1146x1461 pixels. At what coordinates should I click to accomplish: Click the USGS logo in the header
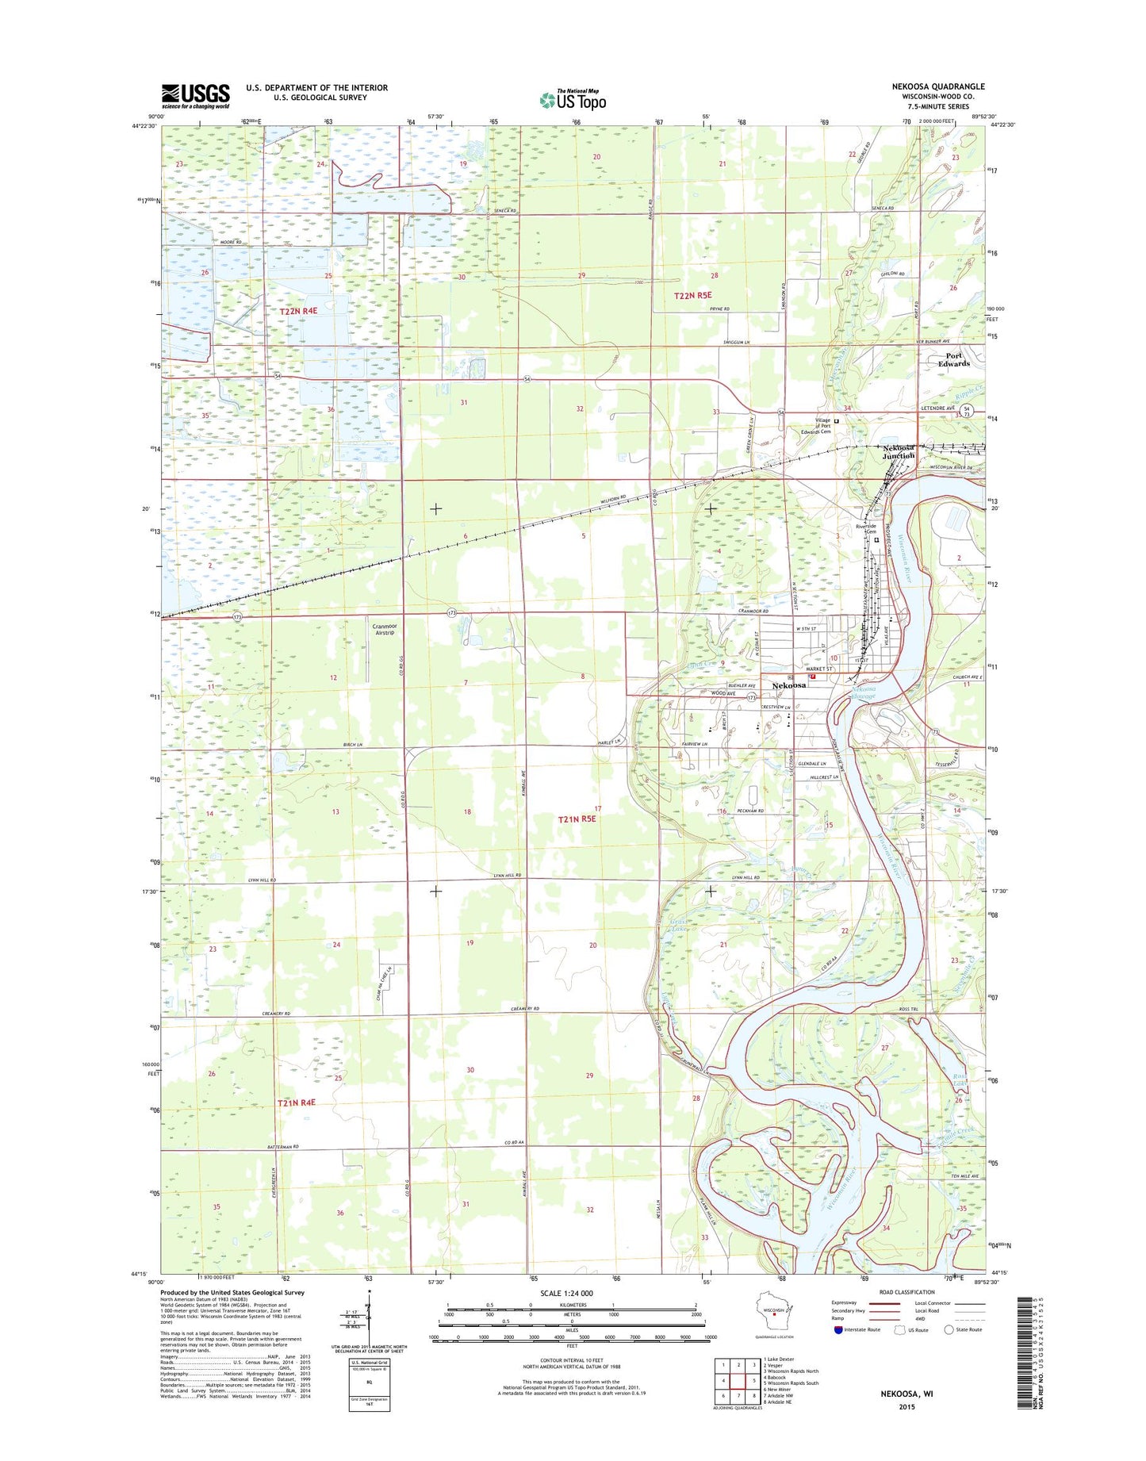click(x=195, y=96)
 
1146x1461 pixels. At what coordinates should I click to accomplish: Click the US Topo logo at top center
click(x=573, y=100)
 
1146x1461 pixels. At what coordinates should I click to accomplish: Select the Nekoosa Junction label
click(x=899, y=451)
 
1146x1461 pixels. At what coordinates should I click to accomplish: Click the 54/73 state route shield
click(x=966, y=411)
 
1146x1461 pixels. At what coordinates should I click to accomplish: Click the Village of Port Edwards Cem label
click(x=814, y=426)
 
